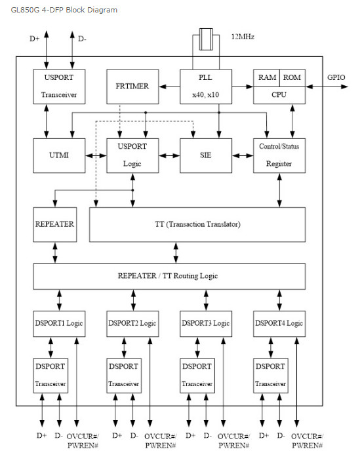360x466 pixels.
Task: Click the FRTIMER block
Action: tap(132, 87)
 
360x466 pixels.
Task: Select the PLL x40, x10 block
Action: tap(206, 87)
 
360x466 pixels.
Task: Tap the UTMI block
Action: tap(59, 155)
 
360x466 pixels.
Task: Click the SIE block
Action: tap(206, 155)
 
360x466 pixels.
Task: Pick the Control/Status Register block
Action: tap(279, 155)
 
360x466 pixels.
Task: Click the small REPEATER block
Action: tap(54, 224)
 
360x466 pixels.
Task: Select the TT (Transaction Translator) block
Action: tap(197, 224)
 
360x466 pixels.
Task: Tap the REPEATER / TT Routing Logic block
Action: tap(169, 276)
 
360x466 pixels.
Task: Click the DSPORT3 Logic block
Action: tap(206, 324)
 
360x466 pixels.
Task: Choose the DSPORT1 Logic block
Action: tap(59, 324)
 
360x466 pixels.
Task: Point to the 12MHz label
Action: tap(243, 37)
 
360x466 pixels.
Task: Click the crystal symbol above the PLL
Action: tap(206, 39)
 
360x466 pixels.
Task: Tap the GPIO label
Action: tap(336, 77)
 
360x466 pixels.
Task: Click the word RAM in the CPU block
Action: tap(267, 77)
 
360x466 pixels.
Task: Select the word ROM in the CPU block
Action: tap(292, 77)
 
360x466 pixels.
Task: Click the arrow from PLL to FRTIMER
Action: tap(169, 87)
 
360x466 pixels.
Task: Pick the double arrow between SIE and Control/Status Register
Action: tap(243, 155)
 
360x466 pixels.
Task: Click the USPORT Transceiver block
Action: tap(59, 87)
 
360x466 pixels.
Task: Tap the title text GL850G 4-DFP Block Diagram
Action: tap(64, 10)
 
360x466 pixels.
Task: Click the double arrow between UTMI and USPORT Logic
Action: tap(96, 155)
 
